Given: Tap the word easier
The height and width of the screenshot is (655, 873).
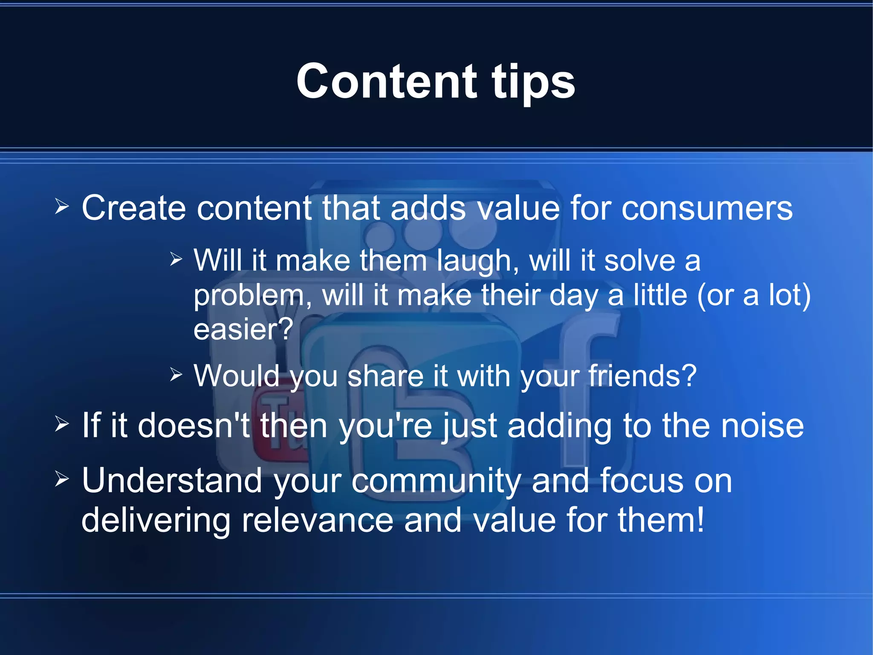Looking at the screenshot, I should pos(243,329).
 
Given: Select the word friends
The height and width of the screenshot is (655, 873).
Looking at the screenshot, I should pos(642,376).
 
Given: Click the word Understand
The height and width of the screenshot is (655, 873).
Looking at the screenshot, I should pos(172,480).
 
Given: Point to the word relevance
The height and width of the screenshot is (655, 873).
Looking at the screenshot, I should pos(317,520).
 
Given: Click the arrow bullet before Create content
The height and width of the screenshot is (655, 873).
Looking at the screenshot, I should pos(62,207).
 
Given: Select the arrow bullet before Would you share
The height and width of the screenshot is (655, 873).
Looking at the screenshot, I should pos(176,375).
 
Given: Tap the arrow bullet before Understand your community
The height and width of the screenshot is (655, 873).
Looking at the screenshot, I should pos(62,479).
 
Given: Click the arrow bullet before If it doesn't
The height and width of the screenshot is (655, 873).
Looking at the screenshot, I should pos(62,424).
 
